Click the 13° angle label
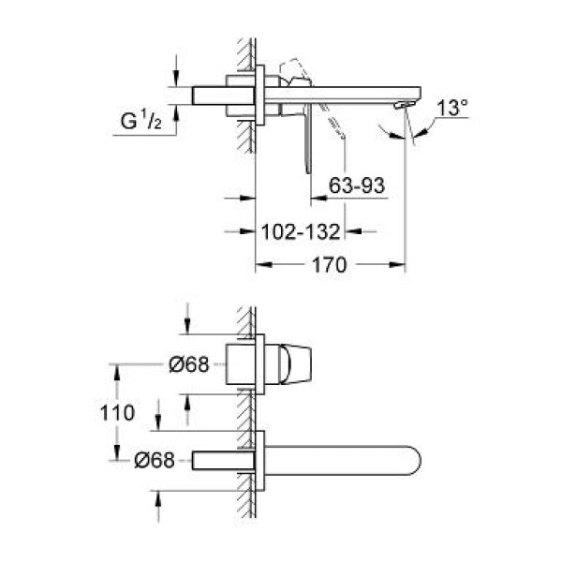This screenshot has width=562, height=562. [x=451, y=109]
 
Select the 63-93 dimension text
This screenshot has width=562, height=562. [x=358, y=186]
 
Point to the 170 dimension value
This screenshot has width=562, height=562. [x=330, y=265]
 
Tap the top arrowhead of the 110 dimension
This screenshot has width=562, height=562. [x=116, y=370]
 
